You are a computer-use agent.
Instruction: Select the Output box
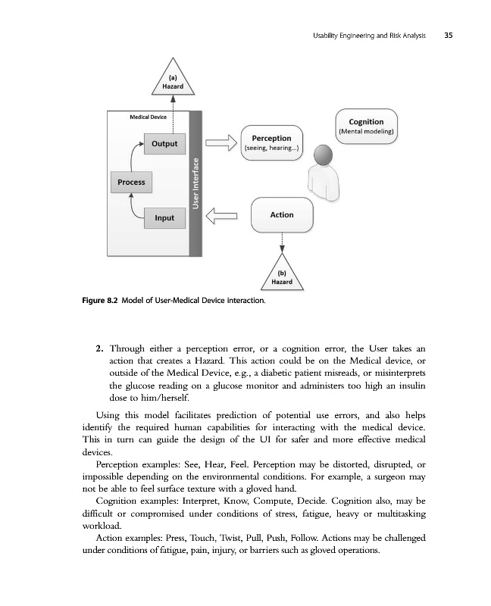tap(164, 144)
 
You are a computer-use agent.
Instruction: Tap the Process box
tap(131, 182)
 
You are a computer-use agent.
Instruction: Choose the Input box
tap(164, 218)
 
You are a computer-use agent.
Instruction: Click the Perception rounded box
tap(271, 143)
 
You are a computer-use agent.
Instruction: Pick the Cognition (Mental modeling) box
tap(366, 126)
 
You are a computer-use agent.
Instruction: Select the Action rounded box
tap(281, 215)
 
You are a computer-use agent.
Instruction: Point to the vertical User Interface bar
tap(196, 184)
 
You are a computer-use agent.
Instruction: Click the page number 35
tap(449, 36)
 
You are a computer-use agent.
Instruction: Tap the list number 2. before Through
tap(99, 349)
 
